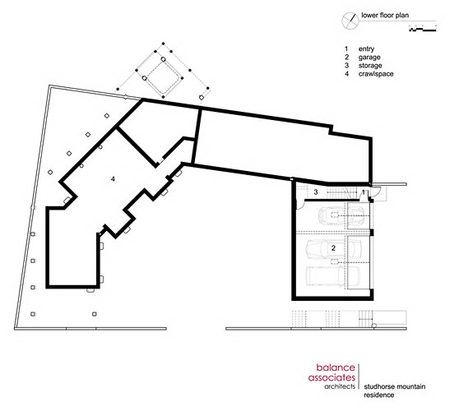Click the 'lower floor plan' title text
tap(385, 16)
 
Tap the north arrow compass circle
tap(350, 21)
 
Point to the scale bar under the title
tap(423, 30)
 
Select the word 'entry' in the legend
tap(366, 49)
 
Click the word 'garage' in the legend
tap(369, 57)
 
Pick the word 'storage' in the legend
tap(370, 66)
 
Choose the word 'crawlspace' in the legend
tap(376, 74)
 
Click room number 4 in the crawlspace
tap(113, 179)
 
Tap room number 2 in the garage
tap(333, 248)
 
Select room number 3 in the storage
tap(316, 192)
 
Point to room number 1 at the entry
tap(364, 192)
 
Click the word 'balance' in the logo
tap(336, 367)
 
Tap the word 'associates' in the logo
tap(332, 377)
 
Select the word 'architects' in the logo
tap(340, 386)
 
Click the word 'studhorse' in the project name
tap(378, 386)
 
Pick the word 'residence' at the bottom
tap(378, 395)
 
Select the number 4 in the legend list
tap(346, 74)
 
